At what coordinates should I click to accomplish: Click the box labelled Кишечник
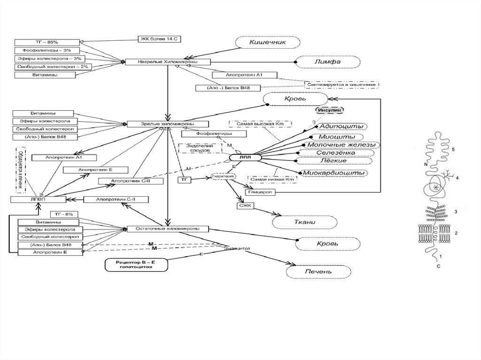(x=267, y=42)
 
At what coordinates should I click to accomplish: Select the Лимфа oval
(x=327, y=61)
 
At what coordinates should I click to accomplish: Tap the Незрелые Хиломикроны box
(x=167, y=62)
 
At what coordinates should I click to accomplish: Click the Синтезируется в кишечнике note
(x=342, y=84)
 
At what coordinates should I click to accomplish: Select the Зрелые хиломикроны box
(x=168, y=124)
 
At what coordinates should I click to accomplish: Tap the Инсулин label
(x=330, y=110)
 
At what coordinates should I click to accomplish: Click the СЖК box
(x=245, y=205)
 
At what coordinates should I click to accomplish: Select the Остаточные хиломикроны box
(x=168, y=229)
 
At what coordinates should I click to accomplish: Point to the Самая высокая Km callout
(x=260, y=123)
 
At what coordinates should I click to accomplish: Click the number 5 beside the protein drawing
(x=453, y=149)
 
